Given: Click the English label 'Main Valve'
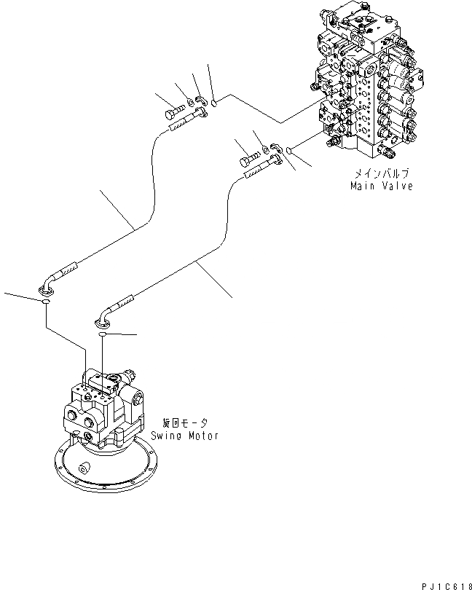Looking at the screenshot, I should (x=381, y=186).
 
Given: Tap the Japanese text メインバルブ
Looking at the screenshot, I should (x=381, y=174).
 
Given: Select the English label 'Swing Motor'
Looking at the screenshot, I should (x=185, y=435).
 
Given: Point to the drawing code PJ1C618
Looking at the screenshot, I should (x=445, y=583).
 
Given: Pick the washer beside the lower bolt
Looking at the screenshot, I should (x=264, y=151).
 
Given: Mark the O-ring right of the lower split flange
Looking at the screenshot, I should (x=289, y=152).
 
